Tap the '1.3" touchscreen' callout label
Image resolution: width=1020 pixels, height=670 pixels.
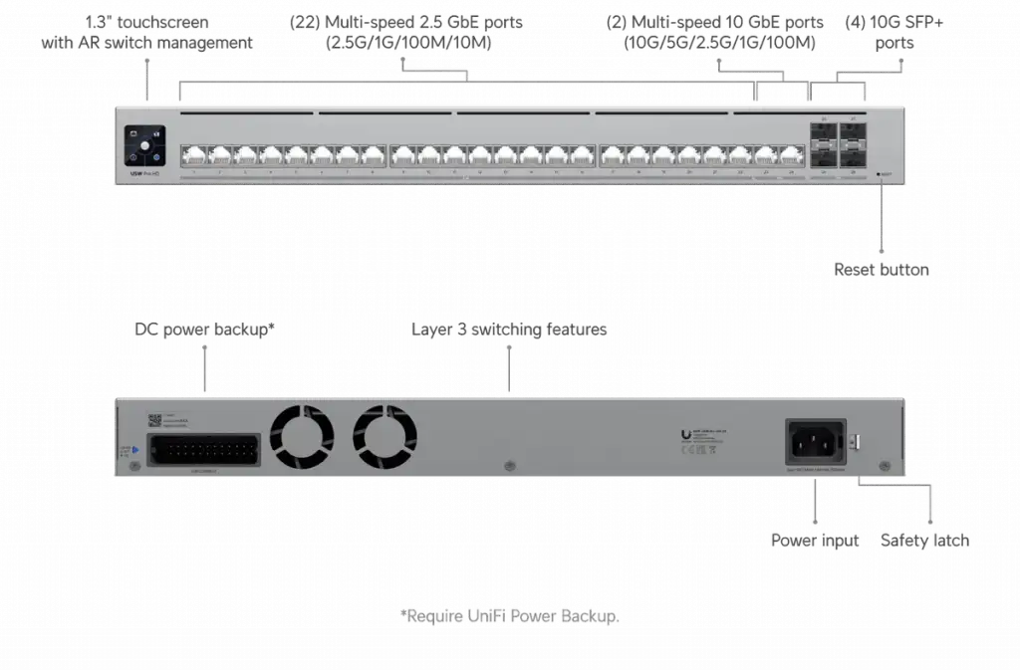point(145,32)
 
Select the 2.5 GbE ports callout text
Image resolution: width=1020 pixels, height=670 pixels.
point(406,32)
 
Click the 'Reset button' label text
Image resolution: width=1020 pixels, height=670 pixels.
point(882,269)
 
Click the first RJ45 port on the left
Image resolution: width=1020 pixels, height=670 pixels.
point(193,155)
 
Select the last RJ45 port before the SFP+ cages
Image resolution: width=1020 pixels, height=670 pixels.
point(791,155)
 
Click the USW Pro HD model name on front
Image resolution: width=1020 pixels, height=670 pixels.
point(140,174)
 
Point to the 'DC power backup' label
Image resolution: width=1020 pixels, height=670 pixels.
point(203,331)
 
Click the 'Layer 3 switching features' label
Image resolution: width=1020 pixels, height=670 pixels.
point(509,330)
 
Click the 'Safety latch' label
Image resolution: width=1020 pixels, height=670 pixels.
point(924,540)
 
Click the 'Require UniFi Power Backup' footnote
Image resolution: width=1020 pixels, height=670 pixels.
point(509,616)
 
